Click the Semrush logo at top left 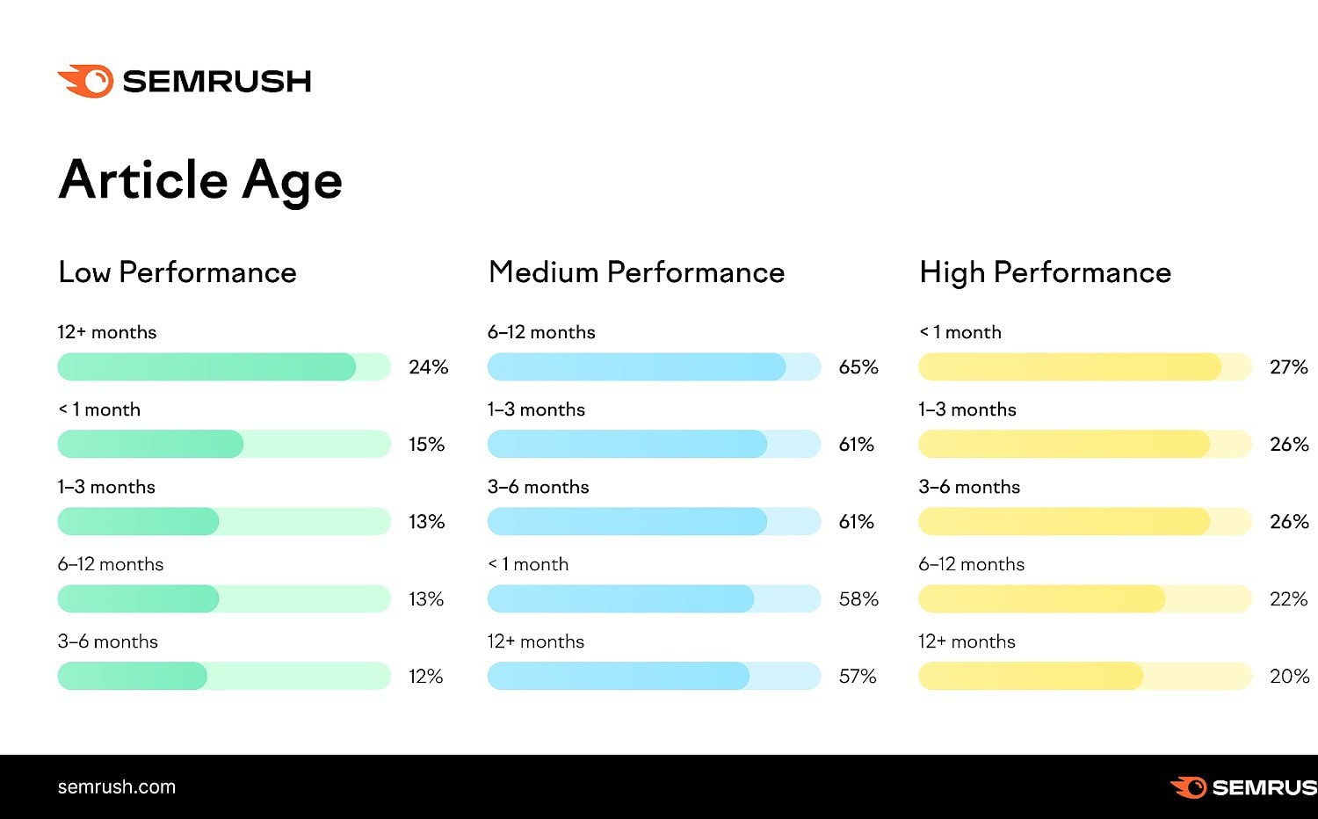(x=185, y=81)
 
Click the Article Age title (x=200, y=180)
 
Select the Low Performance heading (x=177, y=272)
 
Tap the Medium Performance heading (x=636, y=272)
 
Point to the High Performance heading (x=1045, y=272)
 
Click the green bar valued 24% (x=206, y=366)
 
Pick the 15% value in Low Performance (x=427, y=445)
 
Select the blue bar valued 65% (x=636, y=366)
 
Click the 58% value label (x=858, y=599)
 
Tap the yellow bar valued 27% (x=1069, y=366)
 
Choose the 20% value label (x=1289, y=677)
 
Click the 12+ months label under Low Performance (x=107, y=332)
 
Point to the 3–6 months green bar (x=133, y=676)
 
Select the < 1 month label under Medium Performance (x=528, y=564)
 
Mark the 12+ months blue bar (x=619, y=676)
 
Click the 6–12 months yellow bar (x=1041, y=598)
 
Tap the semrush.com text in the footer (x=117, y=787)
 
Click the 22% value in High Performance (x=1289, y=599)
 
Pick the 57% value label (x=858, y=677)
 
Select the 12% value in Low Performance (x=426, y=677)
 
